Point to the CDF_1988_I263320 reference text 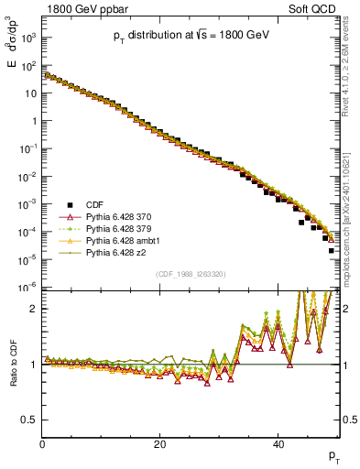tap(191, 274)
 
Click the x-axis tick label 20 tap(159, 445)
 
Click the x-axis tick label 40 tap(278, 445)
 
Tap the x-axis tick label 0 tap(42, 445)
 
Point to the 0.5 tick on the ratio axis tap(29, 420)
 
